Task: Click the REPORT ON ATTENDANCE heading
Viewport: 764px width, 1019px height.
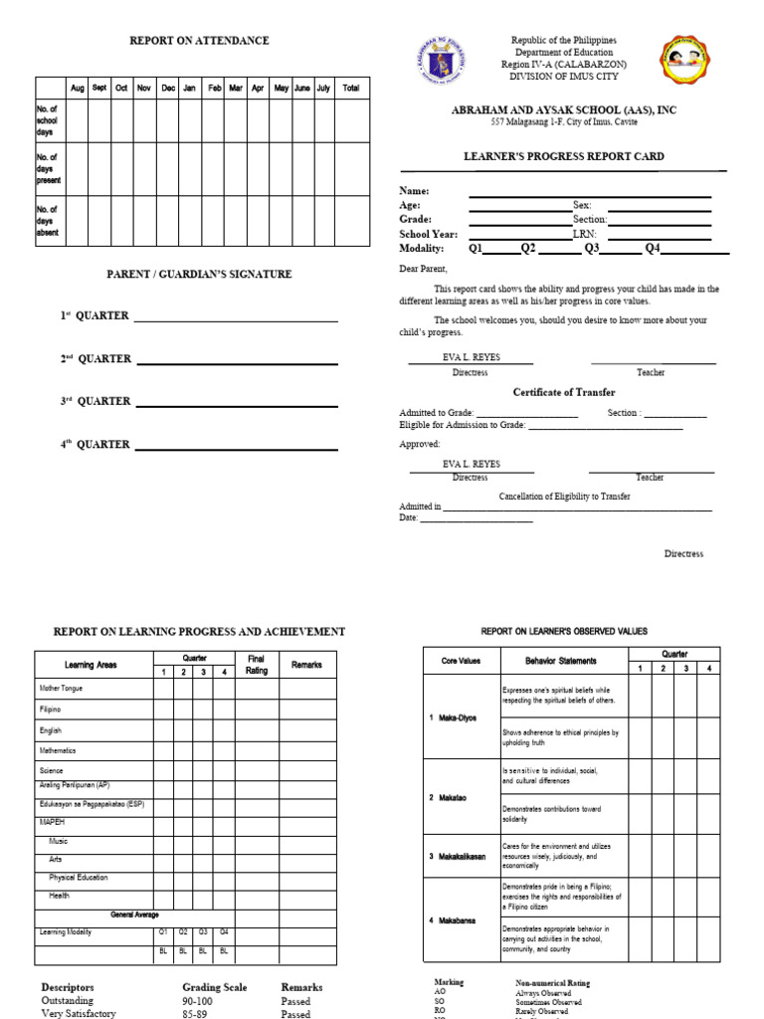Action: click(199, 41)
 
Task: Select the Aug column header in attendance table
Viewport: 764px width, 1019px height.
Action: click(77, 89)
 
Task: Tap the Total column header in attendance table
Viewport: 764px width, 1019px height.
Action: click(350, 89)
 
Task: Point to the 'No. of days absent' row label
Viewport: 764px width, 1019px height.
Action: click(48, 221)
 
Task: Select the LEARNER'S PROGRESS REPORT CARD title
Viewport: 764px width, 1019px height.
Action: click(564, 156)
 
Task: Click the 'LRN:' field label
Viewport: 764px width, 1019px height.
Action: click(584, 235)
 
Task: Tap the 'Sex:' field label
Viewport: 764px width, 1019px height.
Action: click(582, 205)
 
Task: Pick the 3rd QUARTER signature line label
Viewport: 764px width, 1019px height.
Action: click(95, 401)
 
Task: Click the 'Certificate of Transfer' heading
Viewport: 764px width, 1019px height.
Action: click(563, 392)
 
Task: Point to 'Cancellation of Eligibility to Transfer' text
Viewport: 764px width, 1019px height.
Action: click(564, 497)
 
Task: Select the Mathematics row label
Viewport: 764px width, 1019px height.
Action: click(58, 750)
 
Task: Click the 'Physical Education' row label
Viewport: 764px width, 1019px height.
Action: click(79, 878)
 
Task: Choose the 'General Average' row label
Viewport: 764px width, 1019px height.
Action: click(134, 915)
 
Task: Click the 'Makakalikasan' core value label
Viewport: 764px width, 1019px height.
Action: click(463, 856)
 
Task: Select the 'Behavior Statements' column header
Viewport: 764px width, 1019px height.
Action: click(561, 661)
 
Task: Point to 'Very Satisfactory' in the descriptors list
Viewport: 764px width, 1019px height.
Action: click(79, 1014)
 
